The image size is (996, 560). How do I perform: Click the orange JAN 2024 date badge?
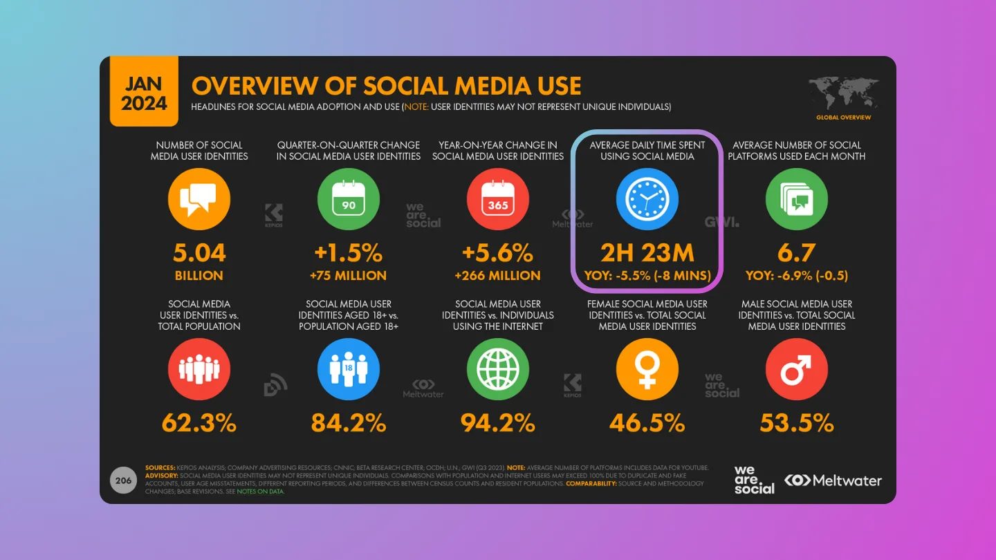click(x=144, y=93)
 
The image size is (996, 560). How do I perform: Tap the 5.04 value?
click(x=199, y=252)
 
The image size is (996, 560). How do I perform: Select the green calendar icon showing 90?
click(x=349, y=199)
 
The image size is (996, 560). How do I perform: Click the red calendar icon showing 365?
click(x=498, y=199)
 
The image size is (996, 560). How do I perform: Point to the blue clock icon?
click(x=647, y=199)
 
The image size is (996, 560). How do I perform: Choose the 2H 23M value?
click(x=647, y=252)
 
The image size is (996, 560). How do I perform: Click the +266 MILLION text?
click(x=498, y=275)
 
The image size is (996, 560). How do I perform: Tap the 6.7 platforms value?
click(x=797, y=252)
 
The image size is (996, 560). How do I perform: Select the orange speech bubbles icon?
click(x=199, y=199)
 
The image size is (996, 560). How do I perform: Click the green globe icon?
click(x=498, y=369)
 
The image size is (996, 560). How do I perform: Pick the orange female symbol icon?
click(x=647, y=369)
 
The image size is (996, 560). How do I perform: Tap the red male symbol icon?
click(x=797, y=369)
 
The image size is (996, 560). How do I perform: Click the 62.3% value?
click(x=199, y=422)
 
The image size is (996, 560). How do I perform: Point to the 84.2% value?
click(x=349, y=422)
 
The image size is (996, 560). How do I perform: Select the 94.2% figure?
click(x=498, y=422)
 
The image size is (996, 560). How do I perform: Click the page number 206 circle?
click(x=123, y=480)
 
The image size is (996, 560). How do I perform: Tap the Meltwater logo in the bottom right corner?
click(x=833, y=480)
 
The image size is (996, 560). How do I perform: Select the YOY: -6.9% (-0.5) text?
click(x=797, y=275)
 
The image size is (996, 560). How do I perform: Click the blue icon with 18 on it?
click(x=349, y=369)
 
